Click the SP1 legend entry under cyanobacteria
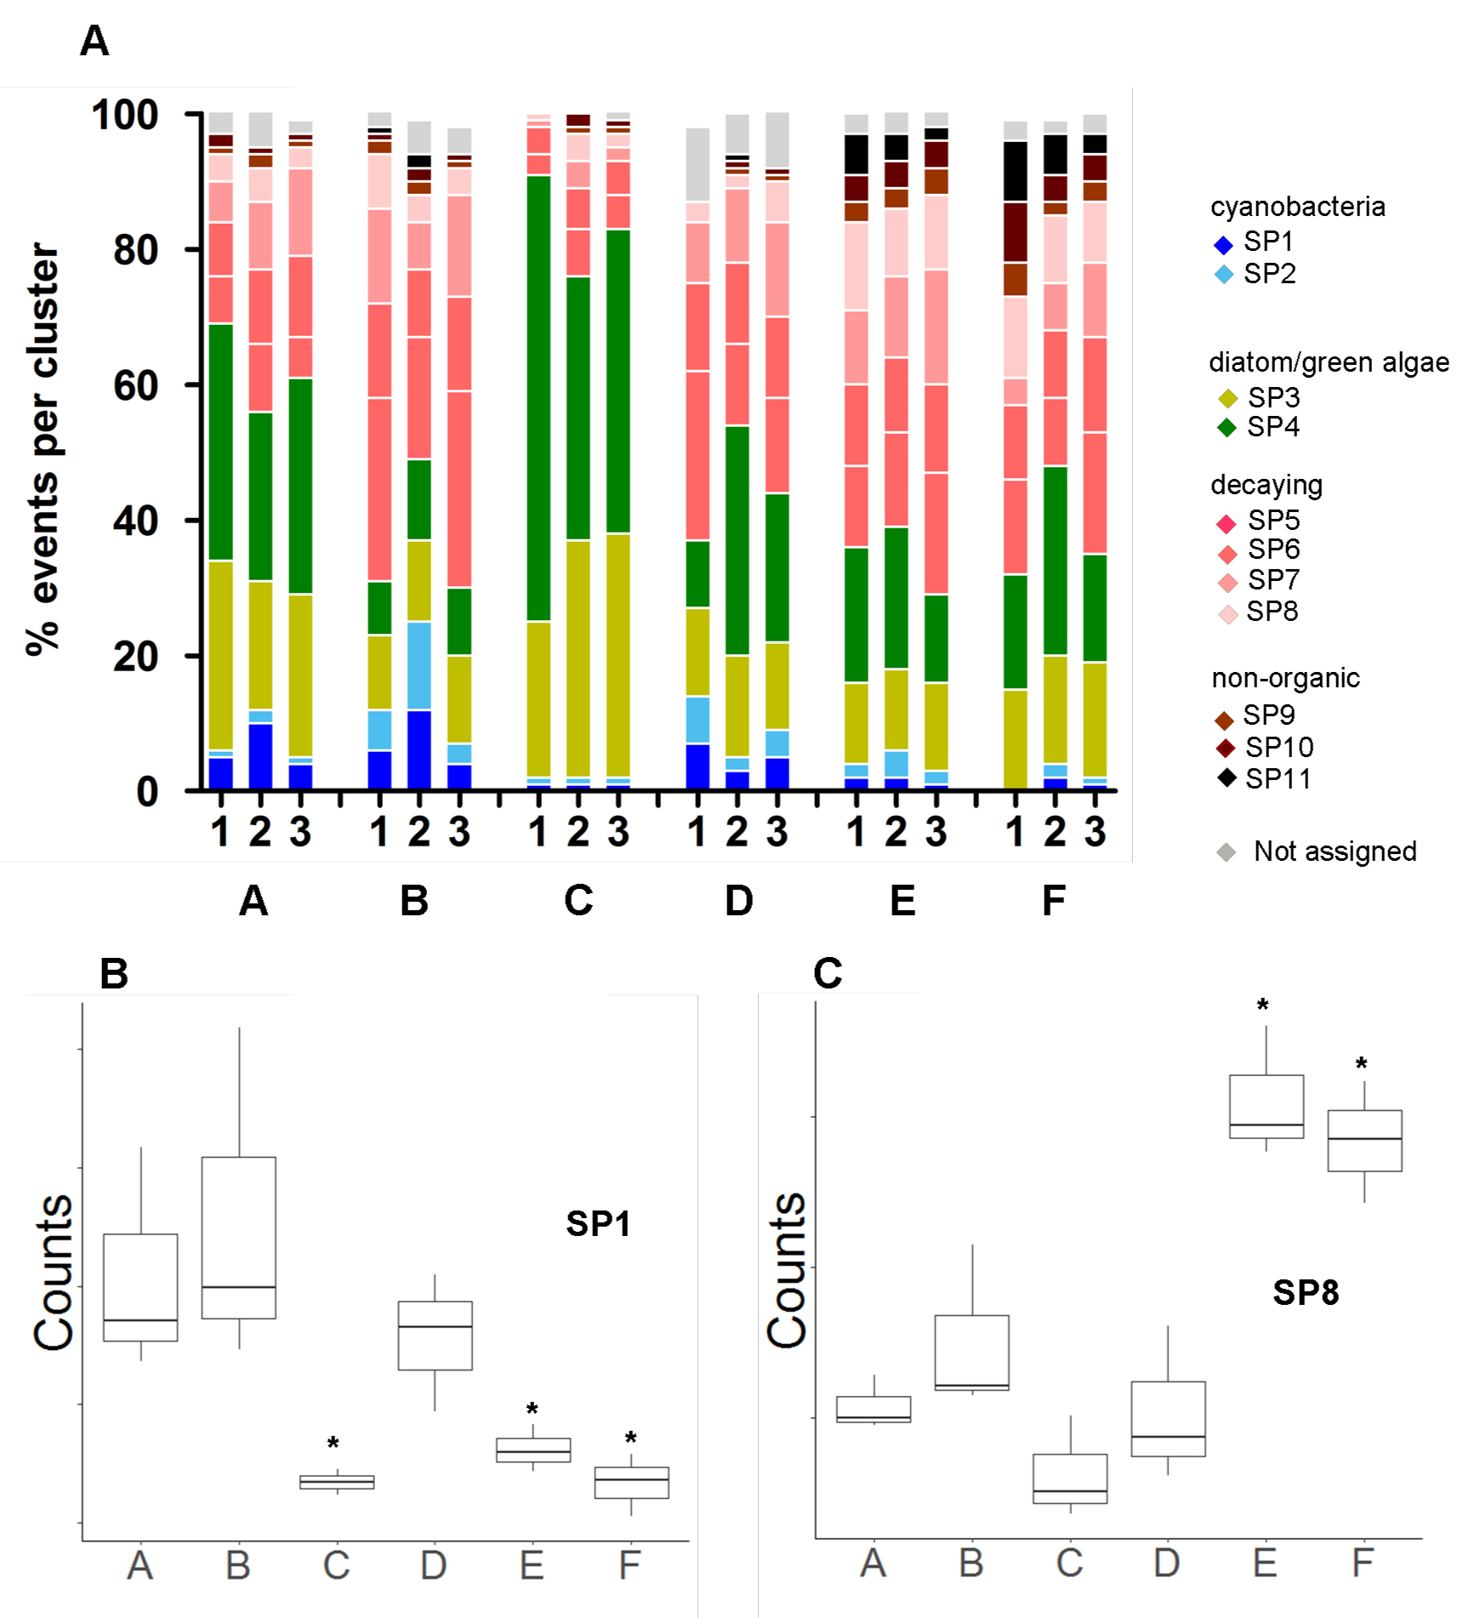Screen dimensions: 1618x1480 1255,242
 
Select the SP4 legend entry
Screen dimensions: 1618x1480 1259,427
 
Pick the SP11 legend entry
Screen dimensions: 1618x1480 1264,778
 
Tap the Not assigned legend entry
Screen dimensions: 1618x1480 1318,852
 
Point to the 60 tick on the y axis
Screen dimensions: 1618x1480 136,385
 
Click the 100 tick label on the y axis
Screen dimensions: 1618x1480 125,115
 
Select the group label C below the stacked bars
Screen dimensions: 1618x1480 578,900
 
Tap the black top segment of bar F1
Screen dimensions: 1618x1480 1015,171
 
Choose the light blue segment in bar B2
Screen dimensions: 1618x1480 418,665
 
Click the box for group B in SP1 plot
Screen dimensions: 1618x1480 239,1237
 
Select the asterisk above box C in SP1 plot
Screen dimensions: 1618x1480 333,1444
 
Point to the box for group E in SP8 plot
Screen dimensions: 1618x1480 1266,1106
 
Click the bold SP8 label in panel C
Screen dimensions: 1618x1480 1306,1292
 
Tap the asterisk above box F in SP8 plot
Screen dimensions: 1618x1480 1362,1064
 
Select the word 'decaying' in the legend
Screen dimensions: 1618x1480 1267,485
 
